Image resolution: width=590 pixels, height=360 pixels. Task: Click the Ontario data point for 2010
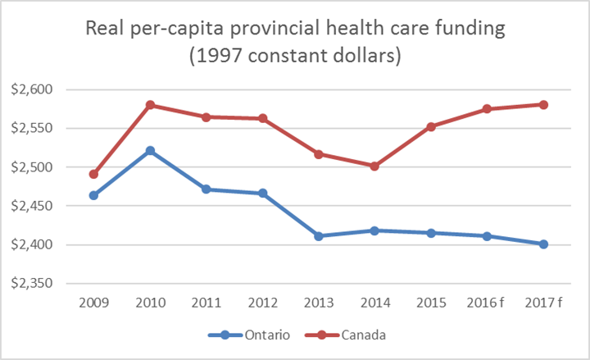(x=150, y=151)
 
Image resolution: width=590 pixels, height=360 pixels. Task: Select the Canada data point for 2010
(x=150, y=105)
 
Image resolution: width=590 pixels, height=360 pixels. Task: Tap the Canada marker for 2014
(x=374, y=166)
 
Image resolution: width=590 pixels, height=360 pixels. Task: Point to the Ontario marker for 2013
(x=319, y=236)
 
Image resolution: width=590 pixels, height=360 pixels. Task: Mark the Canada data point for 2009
(x=94, y=174)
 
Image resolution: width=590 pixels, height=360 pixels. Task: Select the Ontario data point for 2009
(x=94, y=195)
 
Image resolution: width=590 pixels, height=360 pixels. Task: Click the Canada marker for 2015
(x=431, y=126)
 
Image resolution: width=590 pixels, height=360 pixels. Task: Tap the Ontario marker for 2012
(x=262, y=193)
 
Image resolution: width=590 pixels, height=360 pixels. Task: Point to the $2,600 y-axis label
(x=49, y=89)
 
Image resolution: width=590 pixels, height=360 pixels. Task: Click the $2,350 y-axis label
(x=49, y=284)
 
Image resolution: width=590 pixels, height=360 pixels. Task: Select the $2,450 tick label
(x=49, y=206)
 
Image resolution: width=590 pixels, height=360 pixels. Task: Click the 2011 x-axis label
(x=206, y=303)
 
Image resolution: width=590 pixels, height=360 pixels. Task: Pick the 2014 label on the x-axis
(x=374, y=303)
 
